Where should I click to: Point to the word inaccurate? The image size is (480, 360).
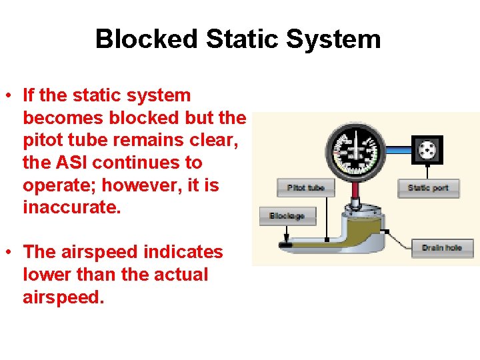pos(72,207)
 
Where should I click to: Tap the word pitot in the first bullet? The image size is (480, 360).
pos(41,141)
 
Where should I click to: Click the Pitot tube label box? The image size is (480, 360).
pos(306,188)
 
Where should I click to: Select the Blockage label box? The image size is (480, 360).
pos(287,216)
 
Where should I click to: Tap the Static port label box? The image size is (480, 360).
pos(427,188)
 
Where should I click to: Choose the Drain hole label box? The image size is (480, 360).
pos(441,248)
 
